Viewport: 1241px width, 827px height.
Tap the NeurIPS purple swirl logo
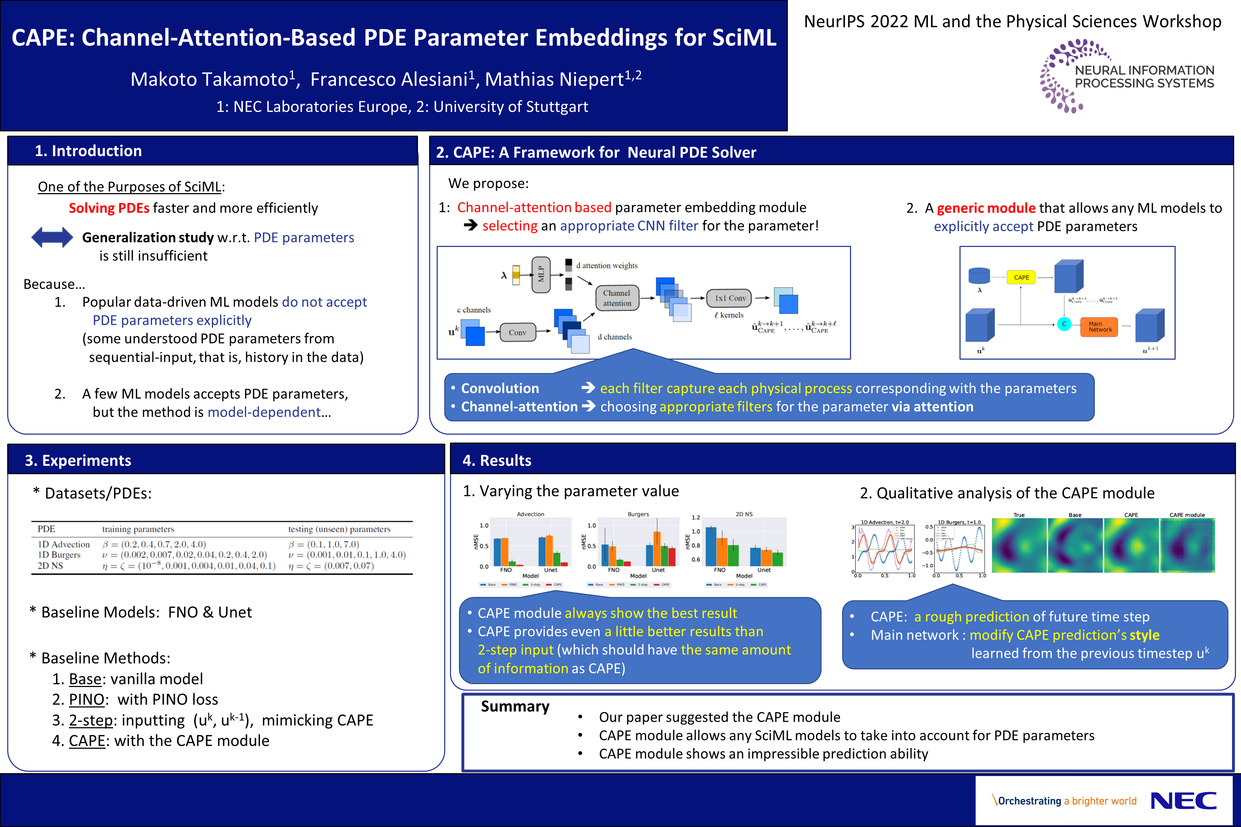pyautogui.click(x=1060, y=76)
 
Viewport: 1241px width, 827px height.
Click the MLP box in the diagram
pyautogui.click(x=541, y=274)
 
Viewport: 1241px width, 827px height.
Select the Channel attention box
pyautogui.click(x=617, y=298)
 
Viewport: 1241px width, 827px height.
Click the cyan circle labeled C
pyautogui.click(x=1064, y=324)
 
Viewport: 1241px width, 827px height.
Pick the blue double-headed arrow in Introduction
pyautogui.click(x=52, y=237)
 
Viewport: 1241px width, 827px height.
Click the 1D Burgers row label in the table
pyautogui.click(x=59, y=555)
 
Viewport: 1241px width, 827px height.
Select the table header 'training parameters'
pyautogui.click(x=138, y=529)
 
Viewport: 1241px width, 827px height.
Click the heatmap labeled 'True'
pyautogui.click(x=1019, y=545)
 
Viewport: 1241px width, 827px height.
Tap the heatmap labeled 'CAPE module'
pyautogui.click(x=1187, y=545)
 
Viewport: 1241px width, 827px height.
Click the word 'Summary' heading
pyautogui.click(x=515, y=706)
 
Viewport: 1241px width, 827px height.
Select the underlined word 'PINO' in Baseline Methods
pyautogui.click(x=87, y=699)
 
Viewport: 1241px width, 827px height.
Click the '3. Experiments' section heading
pyautogui.click(x=78, y=461)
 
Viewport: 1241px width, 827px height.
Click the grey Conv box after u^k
pyautogui.click(x=517, y=332)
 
